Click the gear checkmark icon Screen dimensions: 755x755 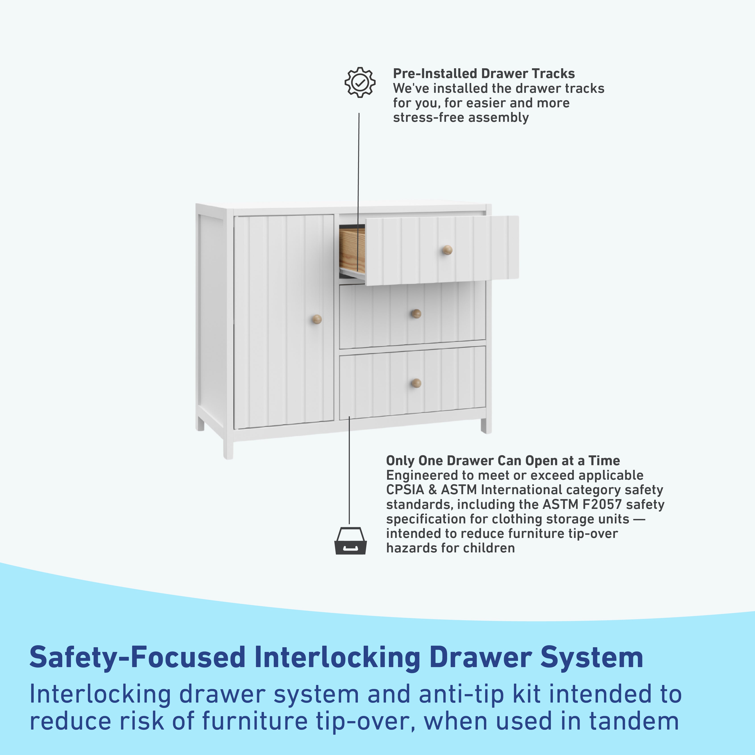point(360,83)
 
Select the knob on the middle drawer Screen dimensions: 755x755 point(417,313)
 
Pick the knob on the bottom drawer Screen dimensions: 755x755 point(417,383)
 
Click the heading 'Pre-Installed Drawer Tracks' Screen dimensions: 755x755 point(484,73)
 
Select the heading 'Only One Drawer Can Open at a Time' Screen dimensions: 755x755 point(503,461)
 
